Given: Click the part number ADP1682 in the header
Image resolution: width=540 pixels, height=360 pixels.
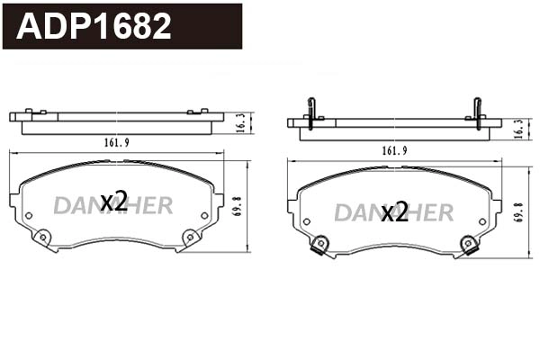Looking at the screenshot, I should [x=94, y=27].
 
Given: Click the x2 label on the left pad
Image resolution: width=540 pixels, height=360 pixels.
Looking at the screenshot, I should [x=113, y=202].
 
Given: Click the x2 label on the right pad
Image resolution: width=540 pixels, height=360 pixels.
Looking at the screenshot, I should [x=394, y=212].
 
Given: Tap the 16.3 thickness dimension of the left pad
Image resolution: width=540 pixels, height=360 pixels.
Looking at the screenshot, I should [x=240, y=123].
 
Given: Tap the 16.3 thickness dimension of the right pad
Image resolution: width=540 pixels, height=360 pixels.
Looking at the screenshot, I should [x=517, y=129].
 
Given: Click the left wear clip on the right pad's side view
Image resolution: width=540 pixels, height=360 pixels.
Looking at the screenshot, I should [x=310, y=112].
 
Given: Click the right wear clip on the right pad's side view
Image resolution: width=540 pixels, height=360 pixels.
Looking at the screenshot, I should [x=477, y=112].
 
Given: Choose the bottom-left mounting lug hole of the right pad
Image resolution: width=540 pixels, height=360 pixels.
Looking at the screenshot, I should [x=320, y=244].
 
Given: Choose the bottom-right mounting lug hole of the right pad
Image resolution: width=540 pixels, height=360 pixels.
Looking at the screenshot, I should [x=467, y=244].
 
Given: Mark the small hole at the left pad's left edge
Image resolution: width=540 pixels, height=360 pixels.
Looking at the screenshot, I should [x=28, y=215].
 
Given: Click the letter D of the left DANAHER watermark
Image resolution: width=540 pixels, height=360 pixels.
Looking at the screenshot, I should [x=60, y=205].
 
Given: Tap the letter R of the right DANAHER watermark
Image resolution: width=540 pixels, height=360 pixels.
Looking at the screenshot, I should [x=443, y=212].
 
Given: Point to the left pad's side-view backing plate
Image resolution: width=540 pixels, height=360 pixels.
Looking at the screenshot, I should [x=116, y=116].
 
